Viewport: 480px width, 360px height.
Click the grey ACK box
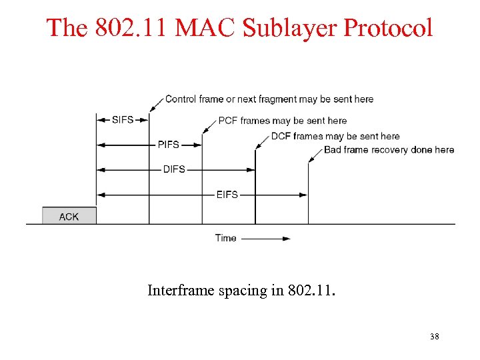point(69,215)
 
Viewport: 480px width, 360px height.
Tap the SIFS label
point(123,120)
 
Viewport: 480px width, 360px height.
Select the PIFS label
point(169,144)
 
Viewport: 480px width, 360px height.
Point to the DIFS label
point(174,169)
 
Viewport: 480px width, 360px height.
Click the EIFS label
point(227,195)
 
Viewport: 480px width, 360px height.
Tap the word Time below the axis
point(226,238)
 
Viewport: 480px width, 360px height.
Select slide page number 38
point(435,337)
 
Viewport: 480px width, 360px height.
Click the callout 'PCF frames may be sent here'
point(283,121)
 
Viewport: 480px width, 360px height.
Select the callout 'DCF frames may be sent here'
point(335,136)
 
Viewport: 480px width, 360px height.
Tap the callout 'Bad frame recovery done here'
point(389,149)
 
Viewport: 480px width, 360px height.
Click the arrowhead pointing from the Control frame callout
point(153,109)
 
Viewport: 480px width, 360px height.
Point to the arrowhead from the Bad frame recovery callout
point(311,160)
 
